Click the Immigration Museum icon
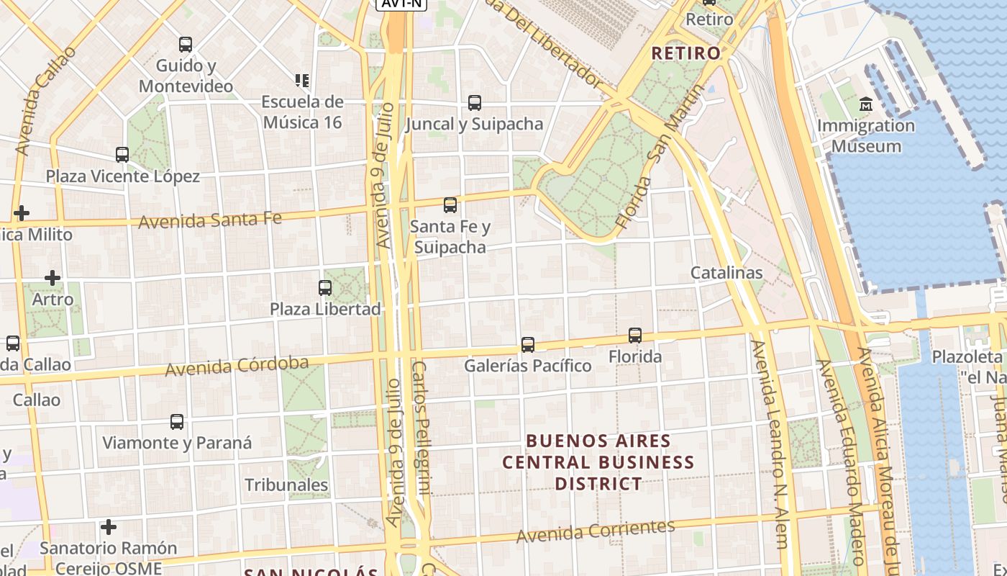[x=865, y=104]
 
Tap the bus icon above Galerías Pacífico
[x=528, y=345]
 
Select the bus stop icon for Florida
[x=634, y=336]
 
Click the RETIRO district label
[x=685, y=53]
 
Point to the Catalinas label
[x=726, y=273]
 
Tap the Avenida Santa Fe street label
[x=209, y=220]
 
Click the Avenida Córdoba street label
[x=237, y=366]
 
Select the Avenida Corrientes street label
[x=596, y=531]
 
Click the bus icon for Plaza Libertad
[x=325, y=288]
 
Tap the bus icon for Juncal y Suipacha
[x=474, y=103]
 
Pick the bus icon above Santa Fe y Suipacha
[x=450, y=205]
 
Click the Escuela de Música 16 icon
[x=302, y=81]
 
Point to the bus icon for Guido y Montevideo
[x=186, y=45]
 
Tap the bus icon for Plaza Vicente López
[x=122, y=155]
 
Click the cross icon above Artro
[x=53, y=277]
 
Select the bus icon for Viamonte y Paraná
[x=177, y=422]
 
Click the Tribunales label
[x=286, y=485]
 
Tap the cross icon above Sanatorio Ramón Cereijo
[x=109, y=527]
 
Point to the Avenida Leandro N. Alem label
[x=769, y=444]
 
